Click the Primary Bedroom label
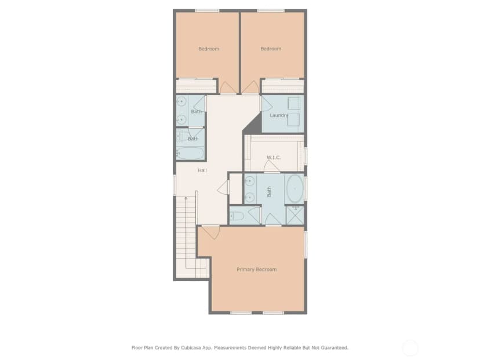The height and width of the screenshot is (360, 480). (x=257, y=270)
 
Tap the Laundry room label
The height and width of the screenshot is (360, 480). (x=279, y=115)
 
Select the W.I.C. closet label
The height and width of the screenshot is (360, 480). (x=274, y=158)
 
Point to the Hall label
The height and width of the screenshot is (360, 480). (x=202, y=170)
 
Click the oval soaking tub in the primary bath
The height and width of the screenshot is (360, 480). (x=295, y=188)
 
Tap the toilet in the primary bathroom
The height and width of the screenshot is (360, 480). (x=237, y=216)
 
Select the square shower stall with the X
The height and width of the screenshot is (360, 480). (x=295, y=216)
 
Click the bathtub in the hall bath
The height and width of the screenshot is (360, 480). (x=190, y=153)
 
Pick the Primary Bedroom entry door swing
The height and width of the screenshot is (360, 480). (x=211, y=232)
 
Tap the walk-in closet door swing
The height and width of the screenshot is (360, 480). (x=272, y=166)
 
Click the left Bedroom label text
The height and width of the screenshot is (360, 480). (x=209, y=49)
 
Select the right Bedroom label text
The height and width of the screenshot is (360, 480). (x=271, y=49)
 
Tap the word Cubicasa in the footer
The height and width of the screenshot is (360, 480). (x=192, y=348)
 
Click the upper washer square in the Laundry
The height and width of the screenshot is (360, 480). (x=294, y=103)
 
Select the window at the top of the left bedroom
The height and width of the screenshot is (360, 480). (x=207, y=10)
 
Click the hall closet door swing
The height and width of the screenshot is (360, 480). (x=224, y=187)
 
